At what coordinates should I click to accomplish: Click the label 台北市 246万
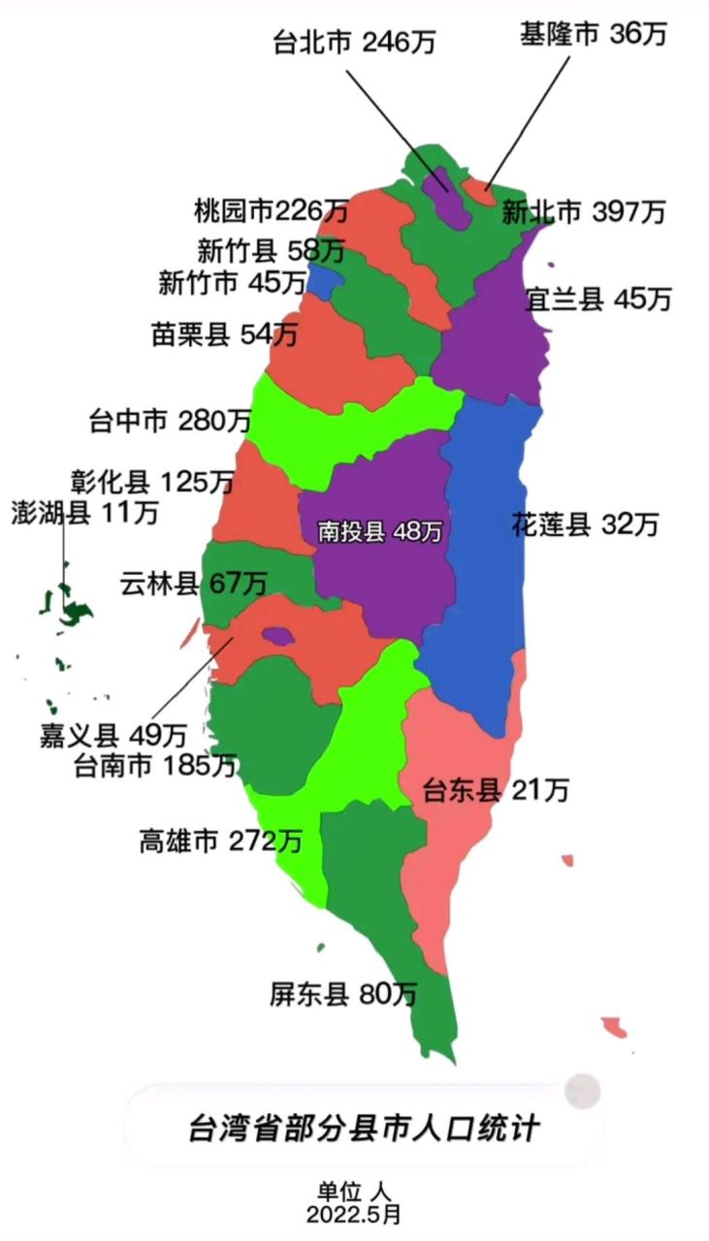355,43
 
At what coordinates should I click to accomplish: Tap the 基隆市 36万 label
594,35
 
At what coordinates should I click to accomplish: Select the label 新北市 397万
583,211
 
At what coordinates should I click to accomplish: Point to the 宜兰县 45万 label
597,300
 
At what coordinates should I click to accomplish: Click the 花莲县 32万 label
585,525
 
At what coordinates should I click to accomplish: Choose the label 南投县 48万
380,531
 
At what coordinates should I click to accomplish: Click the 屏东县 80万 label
343,995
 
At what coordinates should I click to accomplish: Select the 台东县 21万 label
495,791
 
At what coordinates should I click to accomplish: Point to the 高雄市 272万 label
220,841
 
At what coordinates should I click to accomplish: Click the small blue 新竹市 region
325,281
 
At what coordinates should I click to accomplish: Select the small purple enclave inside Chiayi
278,636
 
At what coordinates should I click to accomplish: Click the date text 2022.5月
354,1214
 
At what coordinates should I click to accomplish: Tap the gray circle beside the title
583,1091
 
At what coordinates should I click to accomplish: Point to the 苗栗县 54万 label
224,335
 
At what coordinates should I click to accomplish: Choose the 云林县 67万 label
194,584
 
